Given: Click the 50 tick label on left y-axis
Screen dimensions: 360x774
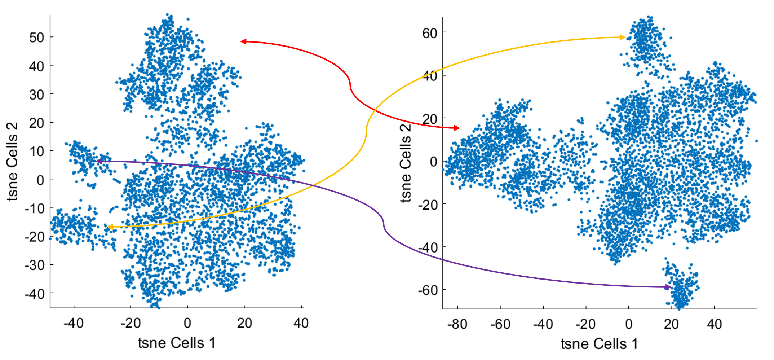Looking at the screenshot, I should click(36, 38).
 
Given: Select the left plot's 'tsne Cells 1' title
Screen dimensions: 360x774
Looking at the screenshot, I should click(176, 343).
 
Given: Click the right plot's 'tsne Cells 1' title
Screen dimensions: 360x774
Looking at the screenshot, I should click(599, 344).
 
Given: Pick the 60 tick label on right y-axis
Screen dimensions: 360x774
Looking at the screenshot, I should click(429, 33).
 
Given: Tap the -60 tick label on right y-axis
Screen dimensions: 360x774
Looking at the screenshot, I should click(427, 290).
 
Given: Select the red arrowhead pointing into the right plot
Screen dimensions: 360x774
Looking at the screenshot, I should click(457, 128).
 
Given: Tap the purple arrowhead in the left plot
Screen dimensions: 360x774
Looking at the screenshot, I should click(99, 161).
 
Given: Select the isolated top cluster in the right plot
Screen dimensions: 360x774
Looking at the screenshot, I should click(645, 41).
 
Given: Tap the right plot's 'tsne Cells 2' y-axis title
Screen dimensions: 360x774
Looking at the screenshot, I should click(405, 162).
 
